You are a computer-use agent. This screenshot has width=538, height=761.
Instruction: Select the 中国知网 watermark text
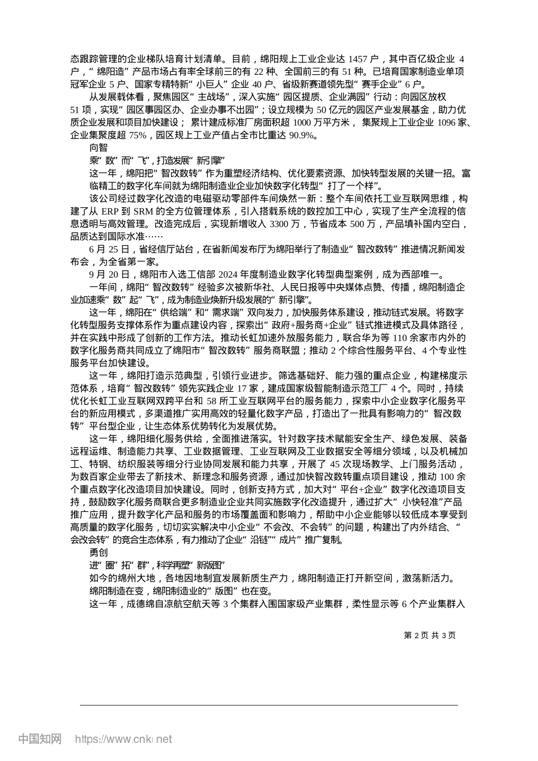pyautogui.click(x=40, y=739)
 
